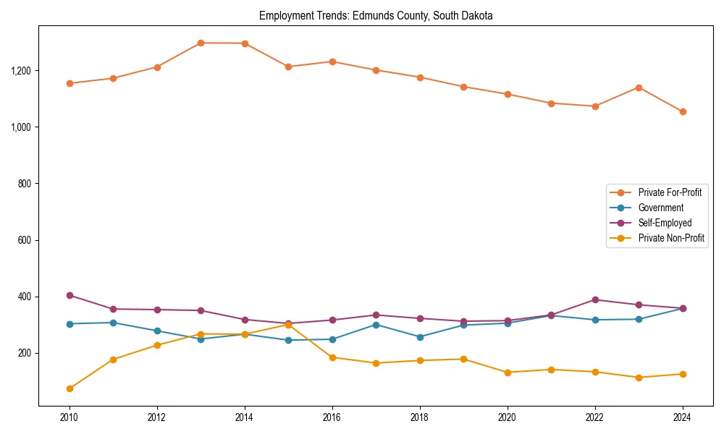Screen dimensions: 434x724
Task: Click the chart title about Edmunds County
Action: [x=376, y=16]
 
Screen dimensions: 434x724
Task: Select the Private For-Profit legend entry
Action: [x=669, y=192]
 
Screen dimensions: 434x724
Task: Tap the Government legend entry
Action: [x=660, y=208]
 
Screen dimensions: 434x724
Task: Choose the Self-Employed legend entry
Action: [x=665, y=223]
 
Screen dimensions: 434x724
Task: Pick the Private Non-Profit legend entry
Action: [x=671, y=238]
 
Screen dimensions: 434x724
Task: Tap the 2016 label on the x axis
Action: [x=332, y=417]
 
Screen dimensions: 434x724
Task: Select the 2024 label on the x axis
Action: [x=683, y=417]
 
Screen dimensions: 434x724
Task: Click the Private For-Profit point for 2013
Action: [x=201, y=43]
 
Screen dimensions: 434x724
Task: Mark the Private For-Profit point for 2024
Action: [x=683, y=111]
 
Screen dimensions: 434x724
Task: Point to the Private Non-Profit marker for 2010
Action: [x=70, y=388]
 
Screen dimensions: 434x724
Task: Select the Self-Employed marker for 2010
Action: [x=70, y=295]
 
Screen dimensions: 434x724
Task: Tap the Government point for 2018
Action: [x=420, y=337]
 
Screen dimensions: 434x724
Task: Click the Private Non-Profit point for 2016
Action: [x=332, y=357]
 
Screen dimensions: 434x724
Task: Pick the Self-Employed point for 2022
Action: [x=595, y=299]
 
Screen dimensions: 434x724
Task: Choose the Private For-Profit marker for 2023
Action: [x=639, y=88]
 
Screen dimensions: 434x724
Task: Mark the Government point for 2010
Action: [x=70, y=324]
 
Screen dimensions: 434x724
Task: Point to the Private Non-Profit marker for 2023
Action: [x=639, y=378]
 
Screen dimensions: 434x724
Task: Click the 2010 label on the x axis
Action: [x=70, y=417]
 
